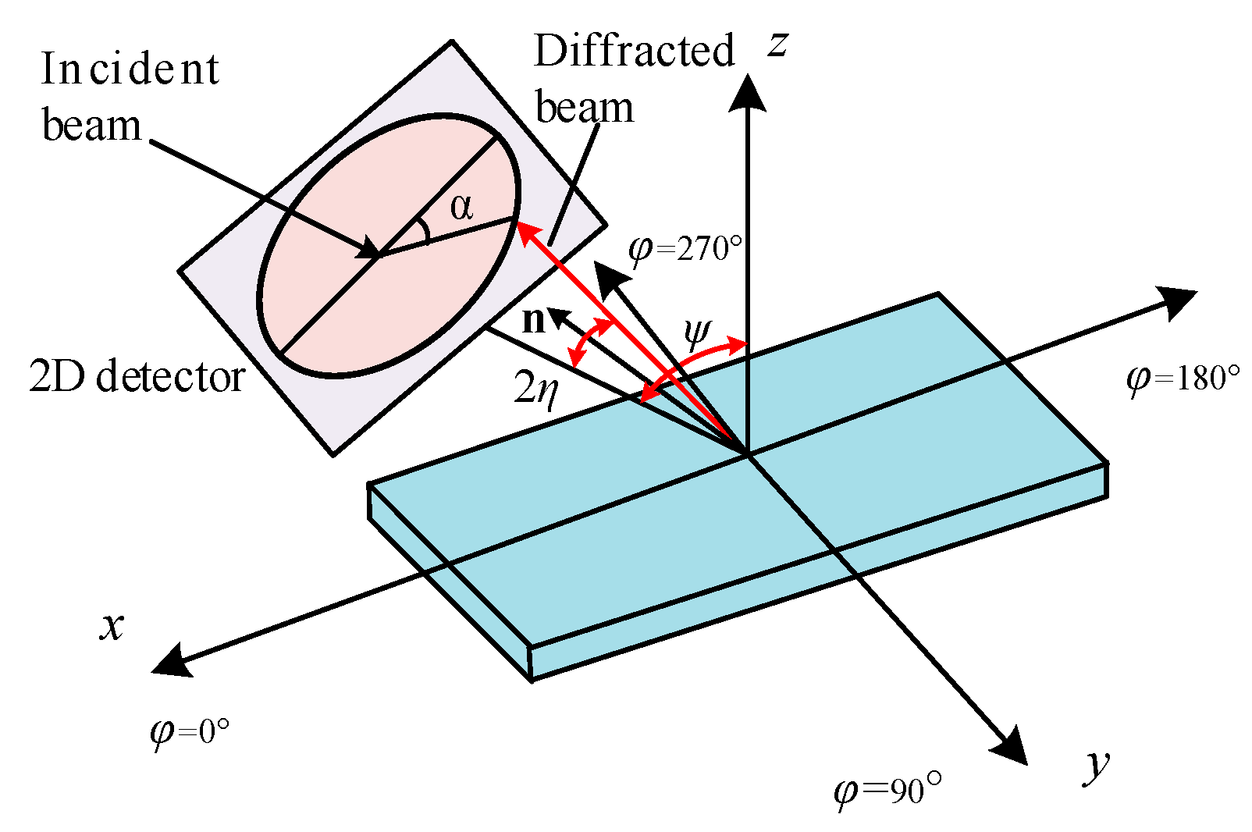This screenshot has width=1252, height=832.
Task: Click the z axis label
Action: [777, 45]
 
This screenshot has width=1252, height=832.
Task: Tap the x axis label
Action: [112, 626]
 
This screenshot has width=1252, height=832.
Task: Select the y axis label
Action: [1097, 765]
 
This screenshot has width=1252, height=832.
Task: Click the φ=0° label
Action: [190, 732]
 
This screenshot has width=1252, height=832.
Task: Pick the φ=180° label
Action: [1183, 379]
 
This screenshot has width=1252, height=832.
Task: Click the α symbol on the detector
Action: [461, 208]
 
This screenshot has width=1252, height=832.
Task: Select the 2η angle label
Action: [537, 387]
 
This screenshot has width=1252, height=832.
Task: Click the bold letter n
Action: [533, 320]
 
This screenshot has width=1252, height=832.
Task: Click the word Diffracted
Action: [634, 52]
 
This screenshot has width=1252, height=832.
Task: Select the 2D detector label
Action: [137, 377]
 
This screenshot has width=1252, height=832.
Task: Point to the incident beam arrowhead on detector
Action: [368, 251]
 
